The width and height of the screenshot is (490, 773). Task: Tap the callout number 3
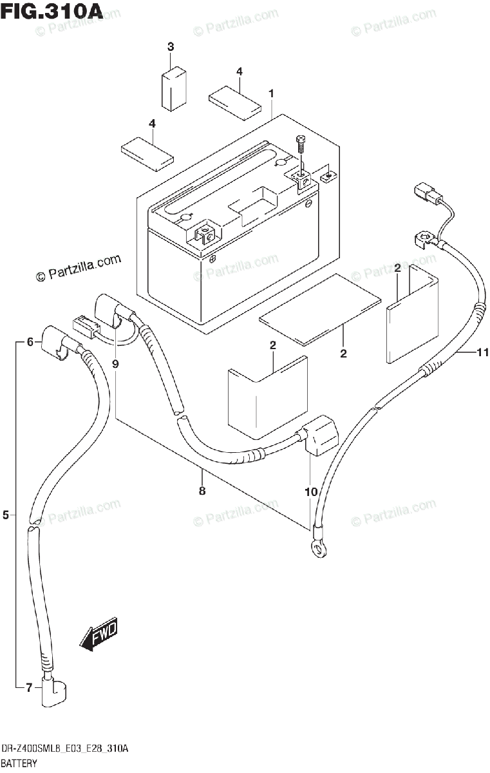click(x=171, y=46)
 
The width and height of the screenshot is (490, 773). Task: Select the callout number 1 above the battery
click(x=272, y=94)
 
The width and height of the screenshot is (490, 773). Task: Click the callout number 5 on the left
click(x=6, y=514)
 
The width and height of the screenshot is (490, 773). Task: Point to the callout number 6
click(x=30, y=343)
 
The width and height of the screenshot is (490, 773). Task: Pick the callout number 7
click(x=29, y=689)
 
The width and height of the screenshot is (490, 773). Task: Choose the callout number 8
click(x=202, y=491)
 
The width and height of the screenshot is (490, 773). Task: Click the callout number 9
click(x=115, y=364)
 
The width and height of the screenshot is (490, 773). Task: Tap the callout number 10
click(x=311, y=491)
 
